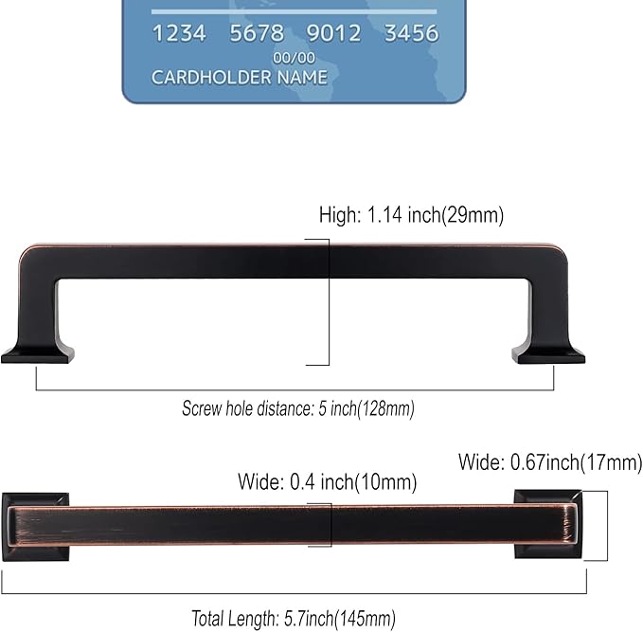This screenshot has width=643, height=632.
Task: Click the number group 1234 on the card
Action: point(179,34)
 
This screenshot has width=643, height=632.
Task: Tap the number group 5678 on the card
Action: point(257,34)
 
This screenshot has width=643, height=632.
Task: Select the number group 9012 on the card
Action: point(333,34)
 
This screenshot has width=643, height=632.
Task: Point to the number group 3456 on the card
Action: point(411,34)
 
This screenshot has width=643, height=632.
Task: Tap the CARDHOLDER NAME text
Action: point(239,78)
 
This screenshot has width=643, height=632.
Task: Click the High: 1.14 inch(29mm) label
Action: point(410,215)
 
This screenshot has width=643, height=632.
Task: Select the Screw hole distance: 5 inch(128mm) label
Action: point(298,409)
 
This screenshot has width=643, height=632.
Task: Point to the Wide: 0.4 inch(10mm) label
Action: point(327,482)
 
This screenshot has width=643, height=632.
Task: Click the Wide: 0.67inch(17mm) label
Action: point(549,462)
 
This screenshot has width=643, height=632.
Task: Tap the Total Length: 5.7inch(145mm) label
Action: point(294,618)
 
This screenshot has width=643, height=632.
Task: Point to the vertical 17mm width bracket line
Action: point(606,526)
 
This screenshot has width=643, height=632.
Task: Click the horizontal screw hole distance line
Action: point(295,389)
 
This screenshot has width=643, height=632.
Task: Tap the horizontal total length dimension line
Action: point(294,594)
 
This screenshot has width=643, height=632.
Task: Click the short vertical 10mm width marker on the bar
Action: point(330,524)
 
